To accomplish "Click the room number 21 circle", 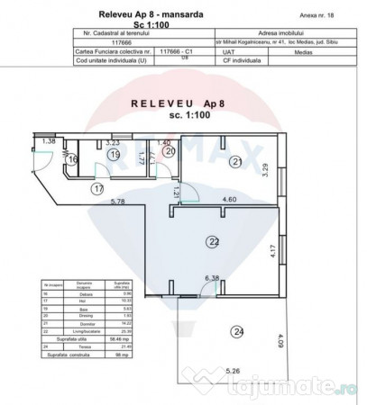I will point(235,162).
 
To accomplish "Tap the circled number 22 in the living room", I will point(213,240).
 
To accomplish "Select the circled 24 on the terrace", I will point(236,332).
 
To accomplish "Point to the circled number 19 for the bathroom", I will point(114,155).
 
